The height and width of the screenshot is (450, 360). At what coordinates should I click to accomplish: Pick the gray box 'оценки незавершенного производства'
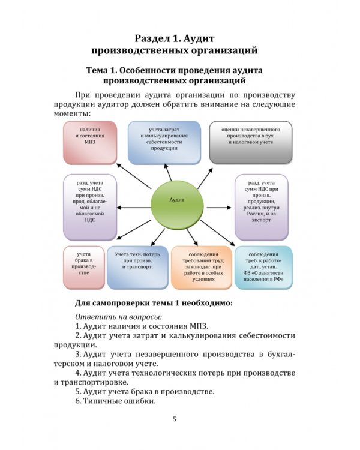click(251, 142)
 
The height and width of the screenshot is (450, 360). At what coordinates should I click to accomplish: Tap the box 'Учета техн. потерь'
click(137, 265)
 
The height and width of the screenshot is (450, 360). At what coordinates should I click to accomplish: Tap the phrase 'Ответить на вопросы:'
click(119, 316)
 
